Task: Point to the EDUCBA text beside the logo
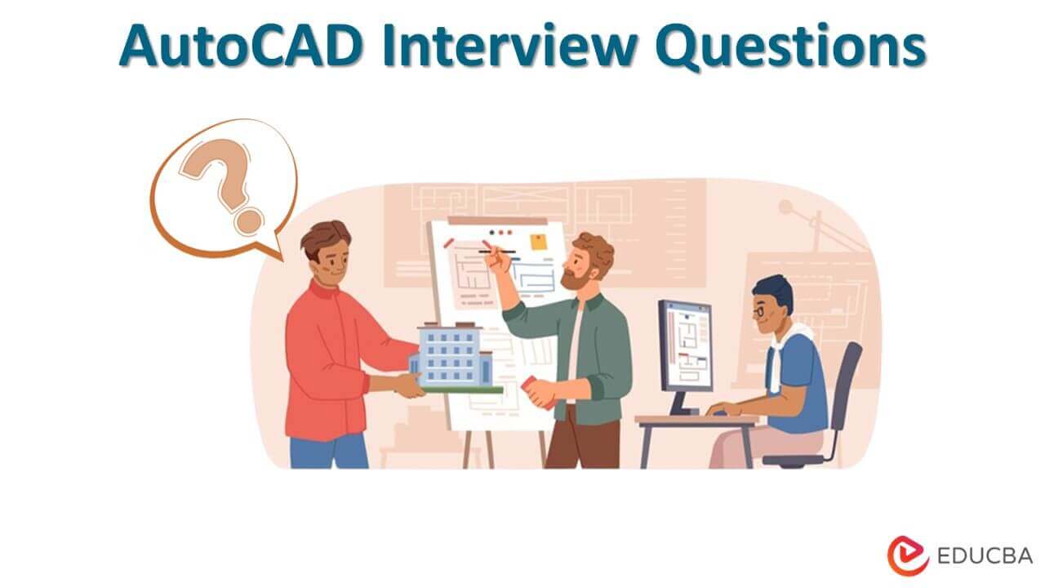pyautogui.click(x=983, y=555)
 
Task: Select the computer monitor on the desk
pyautogui.click(x=685, y=344)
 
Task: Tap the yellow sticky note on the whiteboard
pyautogui.click(x=539, y=242)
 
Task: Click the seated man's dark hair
pyautogui.click(x=772, y=288)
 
